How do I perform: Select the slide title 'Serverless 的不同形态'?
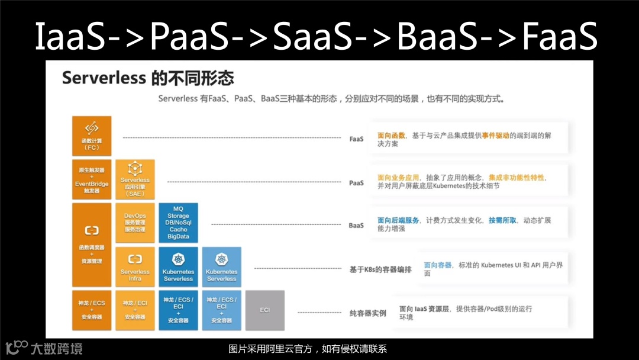click(148, 78)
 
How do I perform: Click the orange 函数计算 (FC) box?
click(91, 136)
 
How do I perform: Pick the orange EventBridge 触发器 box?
click(91, 180)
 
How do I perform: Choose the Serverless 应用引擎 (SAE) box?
click(135, 179)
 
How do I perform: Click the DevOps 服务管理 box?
click(135, 223)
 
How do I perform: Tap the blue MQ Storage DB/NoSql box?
click(178, 223)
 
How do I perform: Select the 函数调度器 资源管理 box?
click(91, 244)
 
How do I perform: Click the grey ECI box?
click(264, 310)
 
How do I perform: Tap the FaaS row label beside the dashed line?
click(356, 139)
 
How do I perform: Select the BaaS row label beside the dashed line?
click(356, 226)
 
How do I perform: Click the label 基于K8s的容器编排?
click(380, 269)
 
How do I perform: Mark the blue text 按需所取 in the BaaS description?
click(502, 220)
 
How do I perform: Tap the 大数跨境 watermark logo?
click(44, 348)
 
